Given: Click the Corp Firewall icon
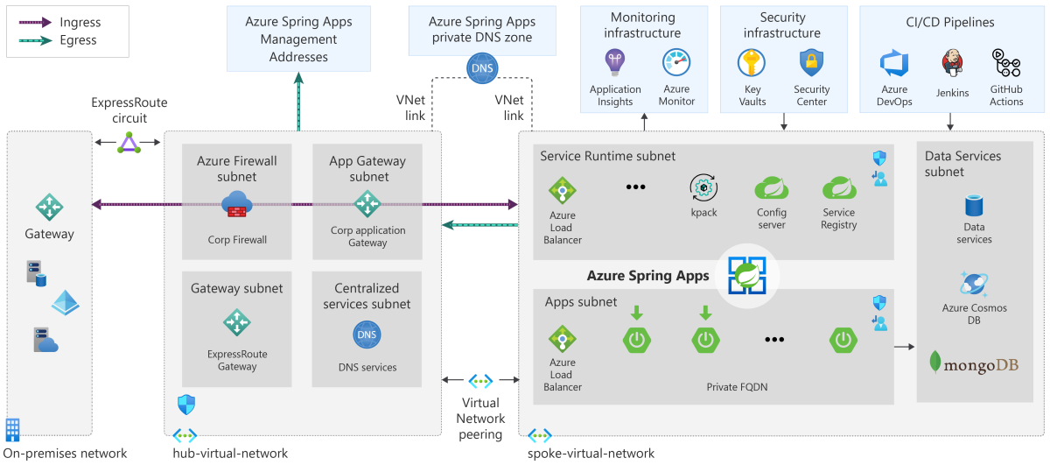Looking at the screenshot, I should coord(237,204).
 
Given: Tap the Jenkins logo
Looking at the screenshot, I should coord(952,64).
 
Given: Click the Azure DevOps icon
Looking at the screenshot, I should coord(894,65).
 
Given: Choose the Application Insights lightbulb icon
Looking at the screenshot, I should coord(615,63).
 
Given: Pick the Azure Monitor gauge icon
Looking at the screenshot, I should coord(676,63).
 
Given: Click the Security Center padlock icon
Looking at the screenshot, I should coord(811,63).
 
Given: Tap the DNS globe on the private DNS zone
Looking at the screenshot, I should coord(481,68).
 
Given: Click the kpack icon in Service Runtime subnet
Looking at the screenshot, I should coord(703,187).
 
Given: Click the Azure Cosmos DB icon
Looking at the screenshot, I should coord(973,284).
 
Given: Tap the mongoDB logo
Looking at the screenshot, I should coord(974,363).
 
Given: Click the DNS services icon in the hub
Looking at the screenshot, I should coord(367,334).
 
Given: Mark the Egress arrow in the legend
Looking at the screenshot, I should coord(36,40).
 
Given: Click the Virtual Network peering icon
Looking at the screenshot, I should coord(480,381).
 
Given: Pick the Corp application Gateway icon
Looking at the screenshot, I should coord(367,204).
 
